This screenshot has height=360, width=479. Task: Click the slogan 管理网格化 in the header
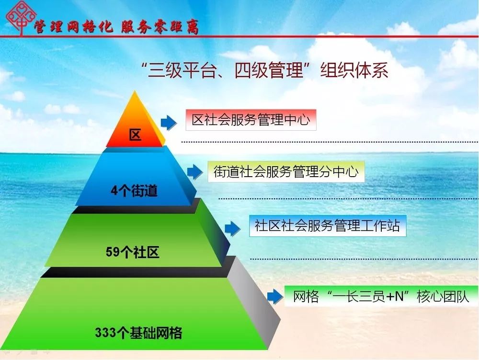tap(73, 27)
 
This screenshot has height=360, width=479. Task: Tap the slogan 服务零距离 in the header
tap(160, 27)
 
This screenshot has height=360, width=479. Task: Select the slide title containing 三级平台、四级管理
tap(265, 70)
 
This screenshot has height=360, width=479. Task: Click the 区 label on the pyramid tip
tap(135, 135)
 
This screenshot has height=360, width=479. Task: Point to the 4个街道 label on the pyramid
tap(134, 191)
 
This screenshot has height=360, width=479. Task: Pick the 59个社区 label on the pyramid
tap(133, 252)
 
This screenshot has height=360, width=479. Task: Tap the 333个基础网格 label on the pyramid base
tap(138, 333)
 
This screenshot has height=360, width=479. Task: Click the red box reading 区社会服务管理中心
tap(251, 120)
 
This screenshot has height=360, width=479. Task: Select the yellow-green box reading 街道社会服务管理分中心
tap(286, 171)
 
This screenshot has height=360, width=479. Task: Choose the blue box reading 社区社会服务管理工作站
tap(328, 226)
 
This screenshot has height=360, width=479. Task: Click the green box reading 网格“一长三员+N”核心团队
tap(381, 296)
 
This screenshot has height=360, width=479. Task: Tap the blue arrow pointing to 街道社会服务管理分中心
tap(195, 172)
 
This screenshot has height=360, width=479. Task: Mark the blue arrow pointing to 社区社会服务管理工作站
tap(232, 229)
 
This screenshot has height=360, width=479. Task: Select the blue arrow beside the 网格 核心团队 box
tap(275, 296)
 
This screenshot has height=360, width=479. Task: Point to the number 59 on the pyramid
tap(113, 252)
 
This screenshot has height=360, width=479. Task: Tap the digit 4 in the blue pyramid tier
tap(114, 191)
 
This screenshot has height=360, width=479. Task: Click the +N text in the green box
tap(395, 296)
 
